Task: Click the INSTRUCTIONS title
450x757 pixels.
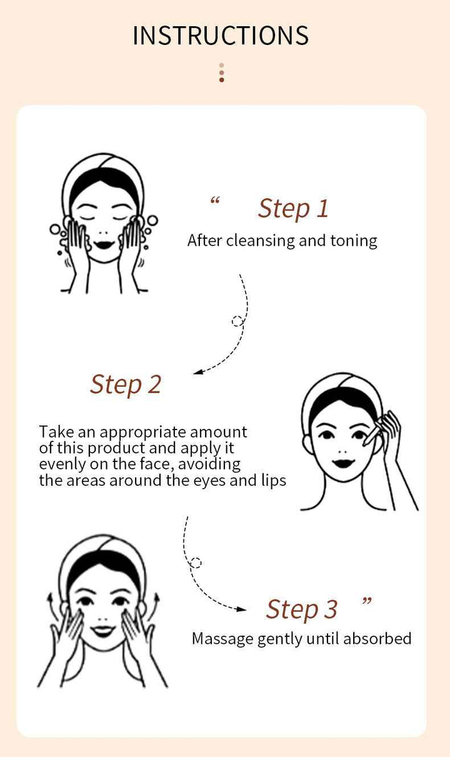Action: point(221,36)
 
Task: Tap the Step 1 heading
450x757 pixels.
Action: point(293,209)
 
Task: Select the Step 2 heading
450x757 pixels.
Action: point(126,385)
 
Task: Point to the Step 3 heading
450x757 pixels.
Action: point(302,609)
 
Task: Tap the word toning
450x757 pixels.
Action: point(354,241)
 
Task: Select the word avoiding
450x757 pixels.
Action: point(209,464)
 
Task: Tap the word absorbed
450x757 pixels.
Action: point(377,639)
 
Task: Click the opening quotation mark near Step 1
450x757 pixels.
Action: point(215,201)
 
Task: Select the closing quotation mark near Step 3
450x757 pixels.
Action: point(367,601)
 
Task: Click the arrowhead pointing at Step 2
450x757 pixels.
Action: point(198,372)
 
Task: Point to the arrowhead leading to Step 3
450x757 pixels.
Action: point(241,609)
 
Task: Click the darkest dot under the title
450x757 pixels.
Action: point(222,80)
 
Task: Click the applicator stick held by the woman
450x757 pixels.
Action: point(374,433)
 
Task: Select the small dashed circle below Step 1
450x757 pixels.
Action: point(237,321)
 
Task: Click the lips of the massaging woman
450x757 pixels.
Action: point(102,631)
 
